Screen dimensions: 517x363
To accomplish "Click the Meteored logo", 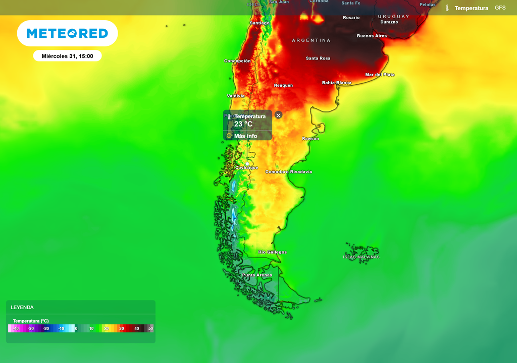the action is tap(67, 33).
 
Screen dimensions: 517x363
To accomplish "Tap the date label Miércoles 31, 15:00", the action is tap(67, 56).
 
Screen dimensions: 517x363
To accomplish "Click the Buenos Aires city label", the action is tap(372, 36).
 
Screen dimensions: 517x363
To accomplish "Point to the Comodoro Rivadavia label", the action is tap(289, 172).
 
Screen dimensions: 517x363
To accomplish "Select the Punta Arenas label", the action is tap(257, 275).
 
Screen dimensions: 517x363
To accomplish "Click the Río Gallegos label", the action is tap(272, 252).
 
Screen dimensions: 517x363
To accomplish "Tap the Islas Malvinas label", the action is tap(361, 257).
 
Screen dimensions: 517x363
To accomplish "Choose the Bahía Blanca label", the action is tap(337, 83).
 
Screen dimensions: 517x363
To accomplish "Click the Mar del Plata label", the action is tap(380, 75).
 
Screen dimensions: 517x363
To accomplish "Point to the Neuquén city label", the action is tap(283, 86).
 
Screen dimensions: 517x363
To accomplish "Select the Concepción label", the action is tap(237, 61).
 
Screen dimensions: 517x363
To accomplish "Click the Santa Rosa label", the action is tap(318, 58).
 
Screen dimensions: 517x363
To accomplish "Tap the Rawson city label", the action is tap(311, 139).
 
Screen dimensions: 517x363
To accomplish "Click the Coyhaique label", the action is tap(247, 167).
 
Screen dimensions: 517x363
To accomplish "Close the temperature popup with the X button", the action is tap(278, 115).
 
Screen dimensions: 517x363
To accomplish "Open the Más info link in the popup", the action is tap(245, 136).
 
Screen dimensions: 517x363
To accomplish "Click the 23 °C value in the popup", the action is tap(243, 124).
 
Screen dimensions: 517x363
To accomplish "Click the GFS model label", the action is tap(500, 8).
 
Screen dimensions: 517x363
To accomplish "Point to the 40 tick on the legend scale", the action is tap(136, 328).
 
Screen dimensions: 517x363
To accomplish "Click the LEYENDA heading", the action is tap(22, 307).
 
